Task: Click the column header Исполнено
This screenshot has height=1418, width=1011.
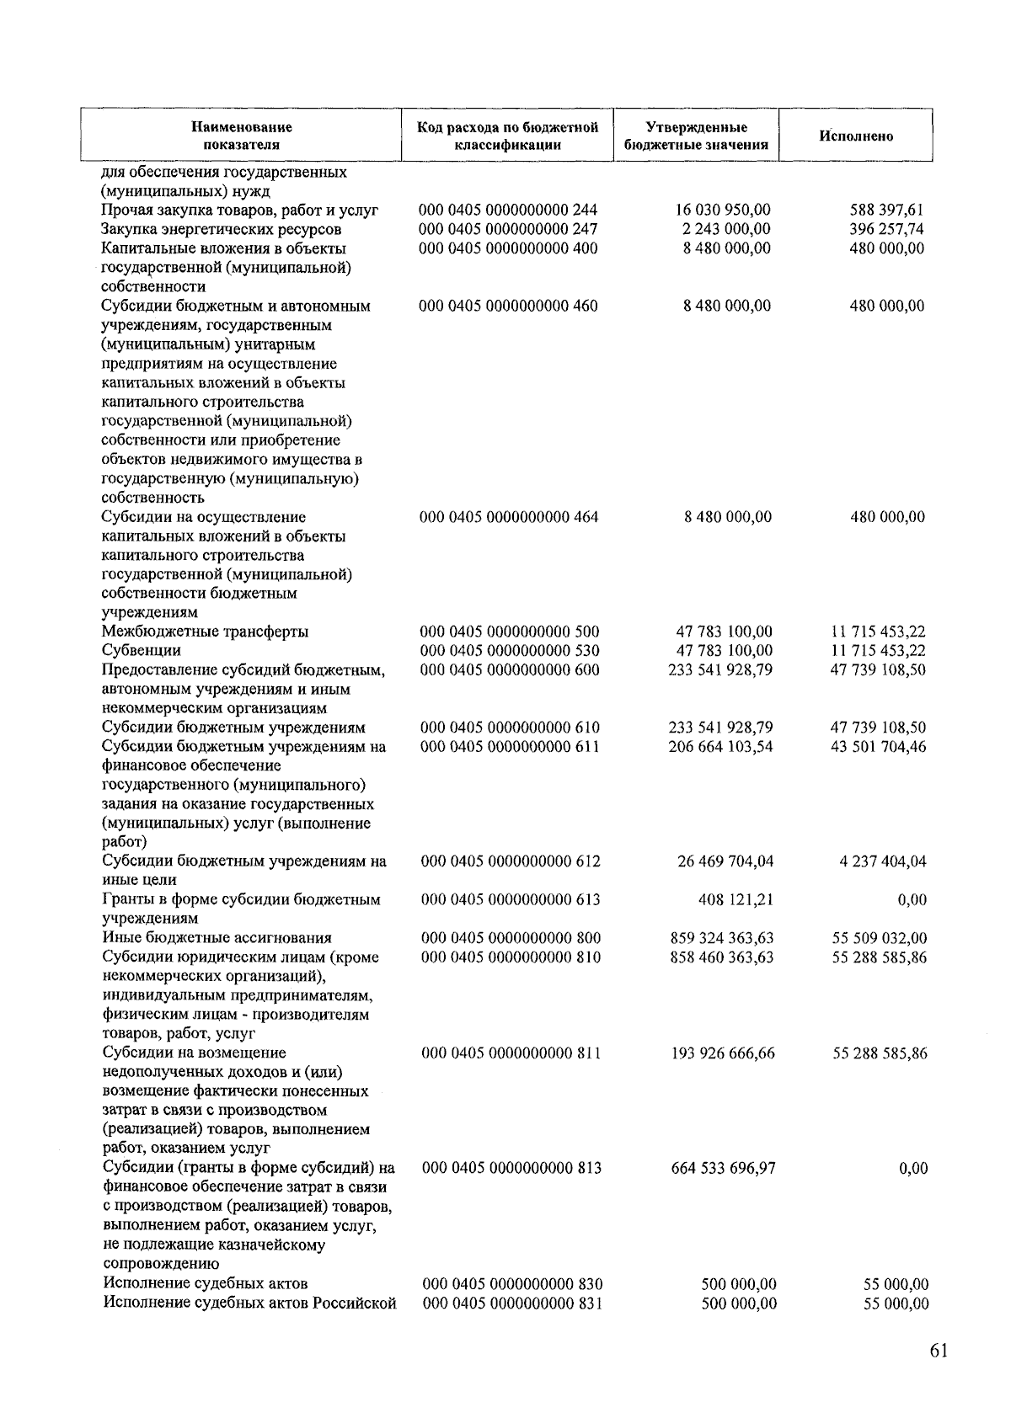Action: [856, 136]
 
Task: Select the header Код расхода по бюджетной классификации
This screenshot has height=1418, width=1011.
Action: [508, 136]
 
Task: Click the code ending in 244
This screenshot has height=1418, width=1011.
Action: [508, 210]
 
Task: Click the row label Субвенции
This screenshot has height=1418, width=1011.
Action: [141, 651]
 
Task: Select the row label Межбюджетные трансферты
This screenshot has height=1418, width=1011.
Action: [205, 632]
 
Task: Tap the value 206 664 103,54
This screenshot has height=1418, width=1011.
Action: [720, 747]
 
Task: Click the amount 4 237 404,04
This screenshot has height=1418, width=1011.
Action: [883, 861]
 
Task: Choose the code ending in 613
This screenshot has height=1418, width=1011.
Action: [511, 899]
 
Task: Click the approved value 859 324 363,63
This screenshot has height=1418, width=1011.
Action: [722, 938]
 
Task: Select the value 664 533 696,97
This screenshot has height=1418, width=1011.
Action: [723, 1168]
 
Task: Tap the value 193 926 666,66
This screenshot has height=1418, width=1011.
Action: [723, 1053]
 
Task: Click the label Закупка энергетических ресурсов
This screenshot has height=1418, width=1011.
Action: [222, 229]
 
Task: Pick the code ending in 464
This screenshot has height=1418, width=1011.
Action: [509, 517]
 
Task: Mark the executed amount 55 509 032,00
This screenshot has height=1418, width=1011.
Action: [880, 938]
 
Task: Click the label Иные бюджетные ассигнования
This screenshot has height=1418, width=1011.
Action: [217, 938]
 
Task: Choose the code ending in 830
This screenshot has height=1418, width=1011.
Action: [512, 1284]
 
